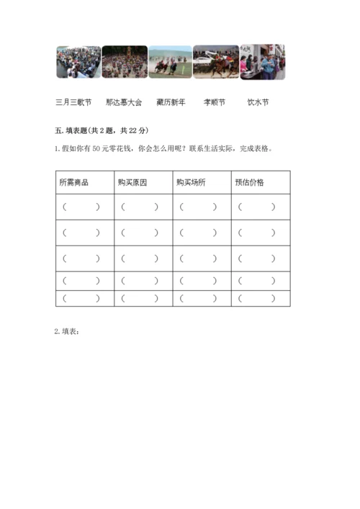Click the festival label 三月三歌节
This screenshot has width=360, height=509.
(x=73, y=102)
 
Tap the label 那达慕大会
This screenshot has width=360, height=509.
(x=124, y=102)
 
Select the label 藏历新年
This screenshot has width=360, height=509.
(x=171, y=102)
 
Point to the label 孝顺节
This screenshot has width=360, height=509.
(x=215, y=102)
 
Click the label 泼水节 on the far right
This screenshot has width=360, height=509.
(x=258, y=102)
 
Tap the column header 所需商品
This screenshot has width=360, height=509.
(x=74, y=182)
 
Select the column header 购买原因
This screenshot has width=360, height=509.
(x=132, y=182)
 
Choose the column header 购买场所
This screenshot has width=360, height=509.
(x=192, y=182)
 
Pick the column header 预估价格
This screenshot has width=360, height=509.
(x=250, y=182)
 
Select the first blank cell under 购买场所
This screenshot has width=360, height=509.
(x=198, y=207)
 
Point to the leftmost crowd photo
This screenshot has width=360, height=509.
(x=78, y=62)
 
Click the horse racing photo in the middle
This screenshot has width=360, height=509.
(x=170, y=62)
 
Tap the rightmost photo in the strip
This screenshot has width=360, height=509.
(x=262, y=62)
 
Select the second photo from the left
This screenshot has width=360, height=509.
(x=124, y=62)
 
